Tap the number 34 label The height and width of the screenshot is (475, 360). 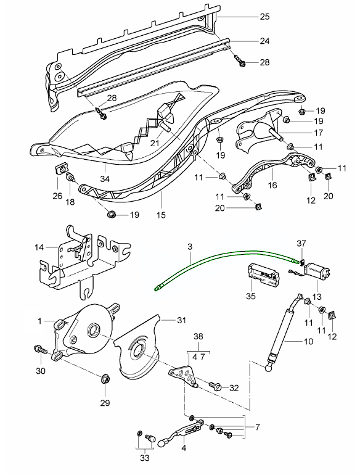[105, 180]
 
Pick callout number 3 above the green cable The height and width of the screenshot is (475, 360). [191, 247]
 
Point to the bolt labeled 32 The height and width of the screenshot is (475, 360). [215, 386]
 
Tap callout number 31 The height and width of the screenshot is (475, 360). [181, 320]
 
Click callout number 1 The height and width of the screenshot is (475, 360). [40, 321]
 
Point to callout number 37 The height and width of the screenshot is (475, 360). [301, 242]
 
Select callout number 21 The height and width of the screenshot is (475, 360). [154, 143]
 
